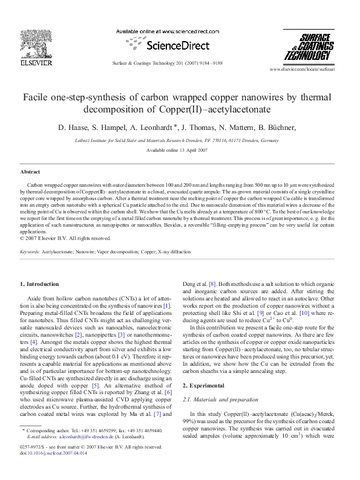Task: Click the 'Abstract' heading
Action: click(30, 172)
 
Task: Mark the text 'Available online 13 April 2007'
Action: click(180, 149)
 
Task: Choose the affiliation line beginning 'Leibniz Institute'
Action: click(180, 138)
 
